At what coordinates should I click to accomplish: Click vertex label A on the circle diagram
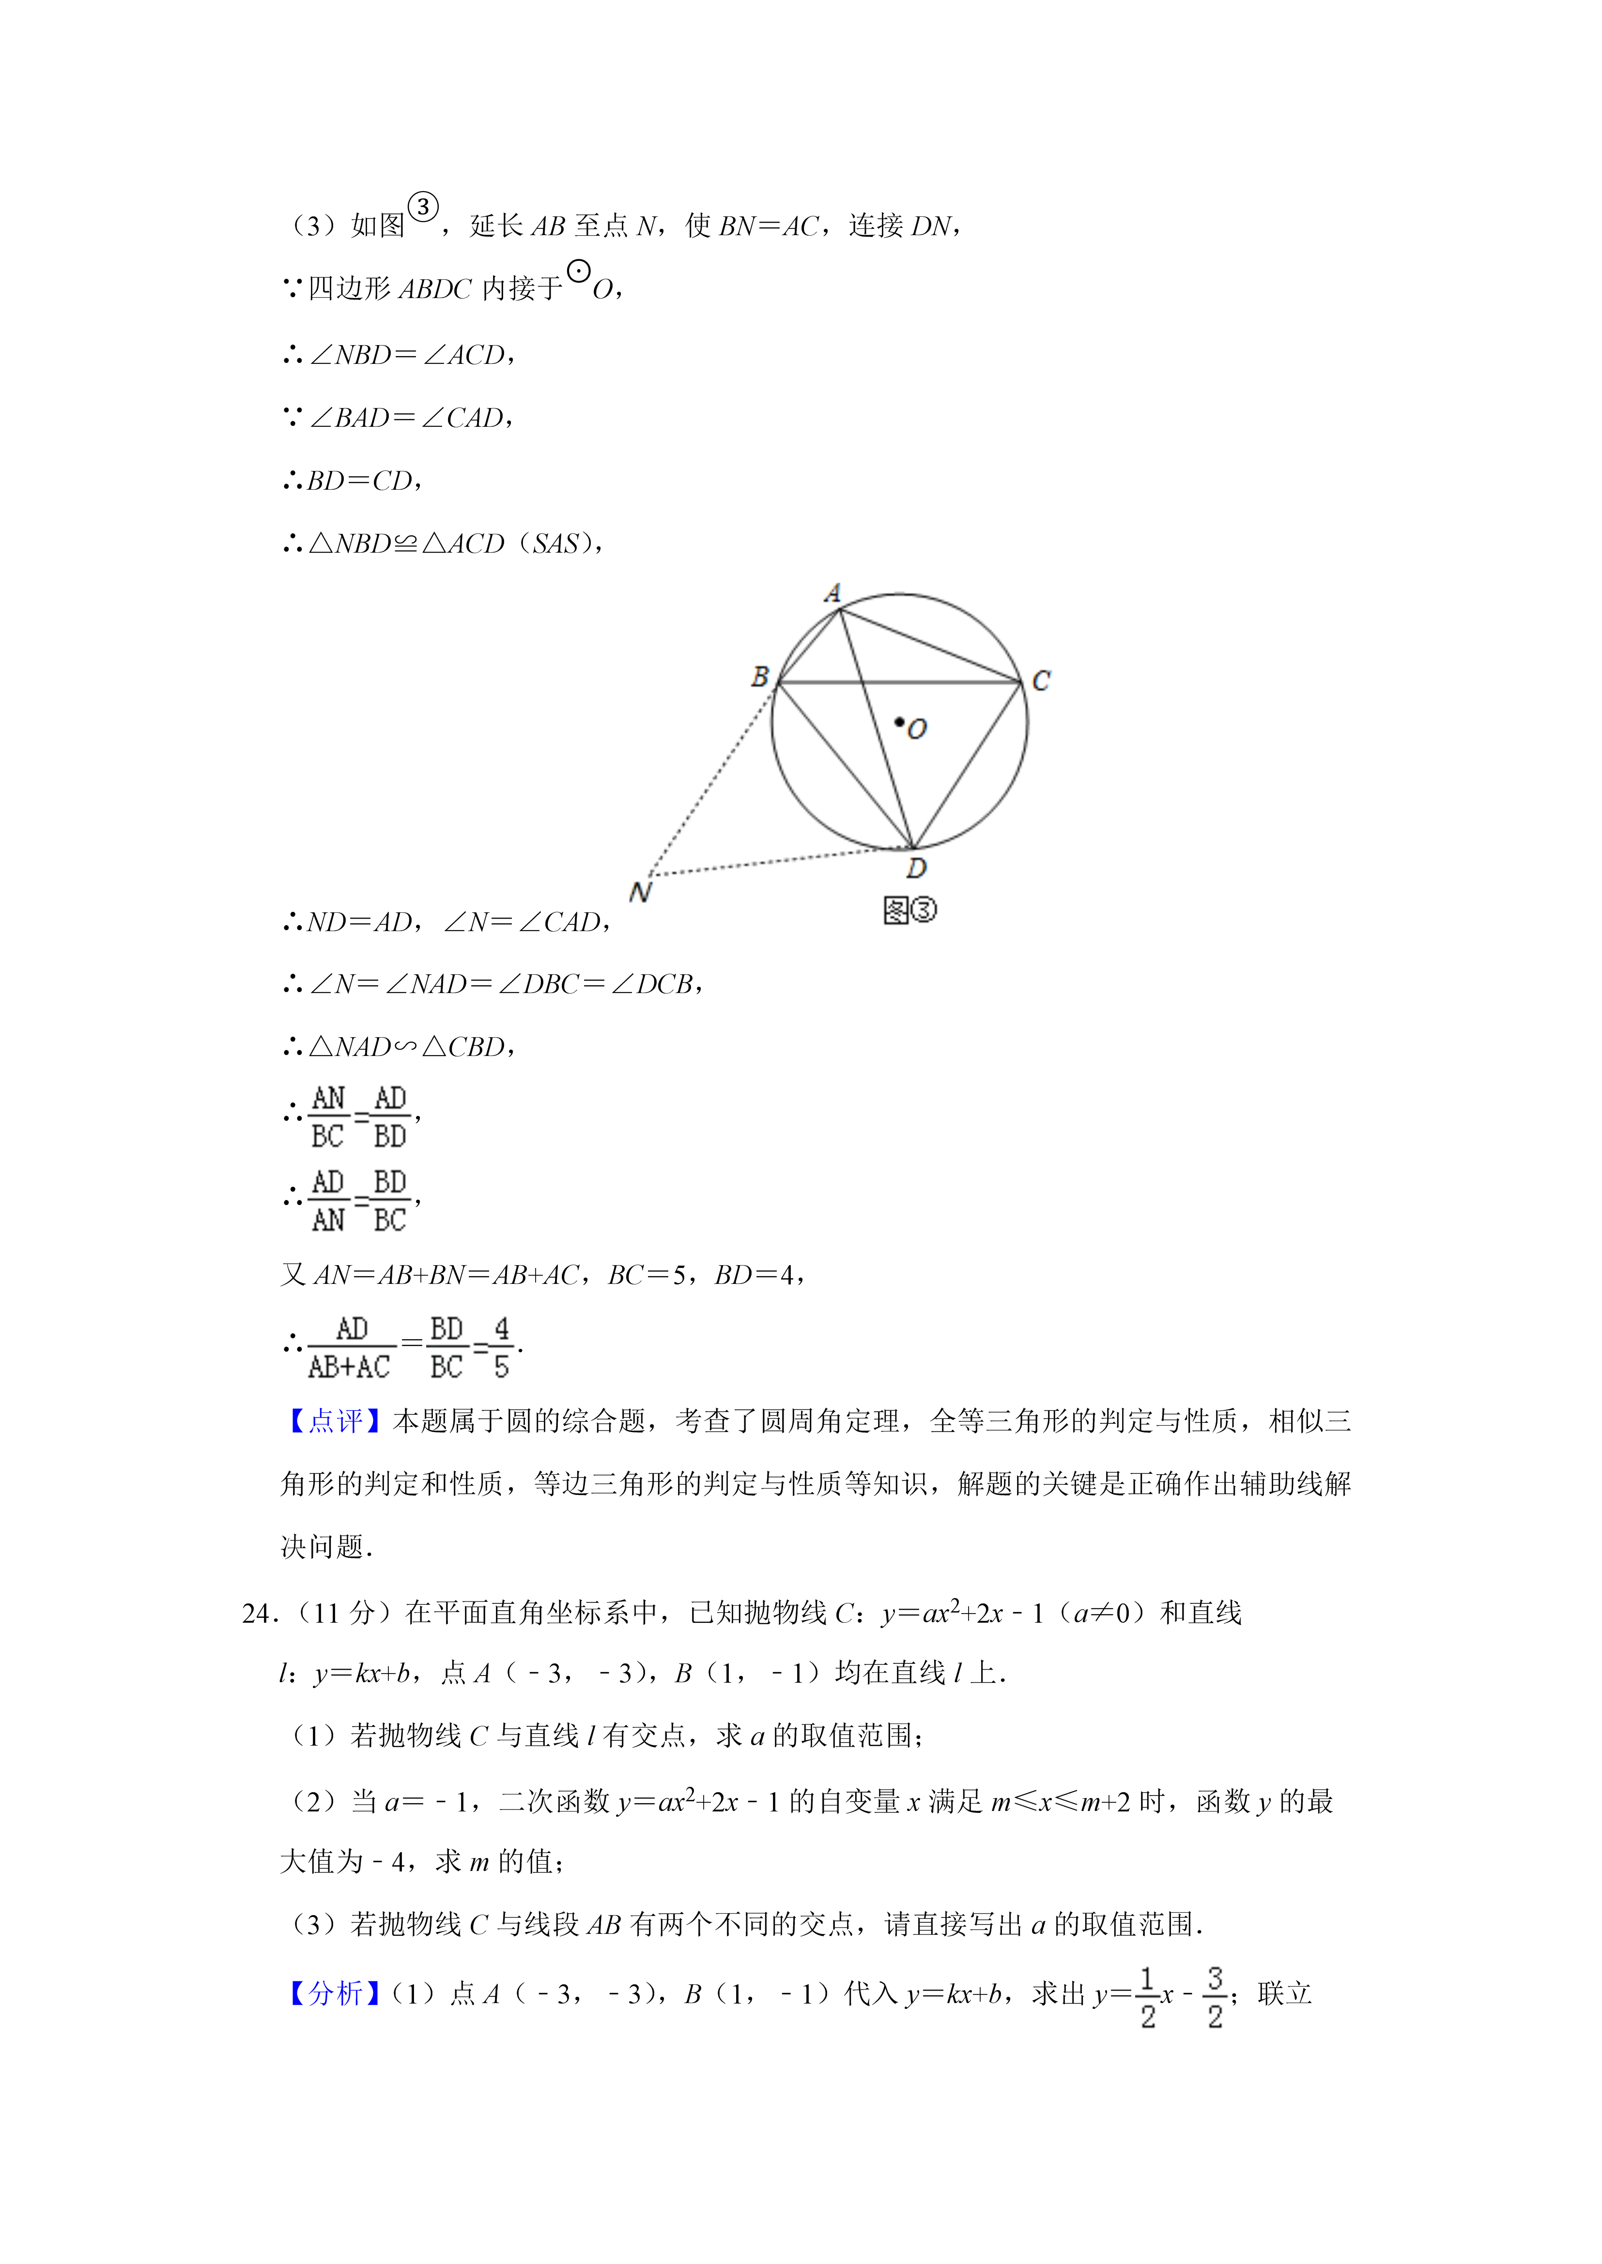pos(832,593)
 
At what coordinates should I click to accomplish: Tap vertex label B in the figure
pos(759,677)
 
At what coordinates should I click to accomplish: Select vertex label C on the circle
pos(1041,680)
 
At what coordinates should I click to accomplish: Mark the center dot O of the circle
pos(900,723)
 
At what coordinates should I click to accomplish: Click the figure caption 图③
pos(909,910)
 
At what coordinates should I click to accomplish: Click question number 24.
pos(259,1613)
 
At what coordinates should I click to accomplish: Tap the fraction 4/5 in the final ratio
pos(501,1347)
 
